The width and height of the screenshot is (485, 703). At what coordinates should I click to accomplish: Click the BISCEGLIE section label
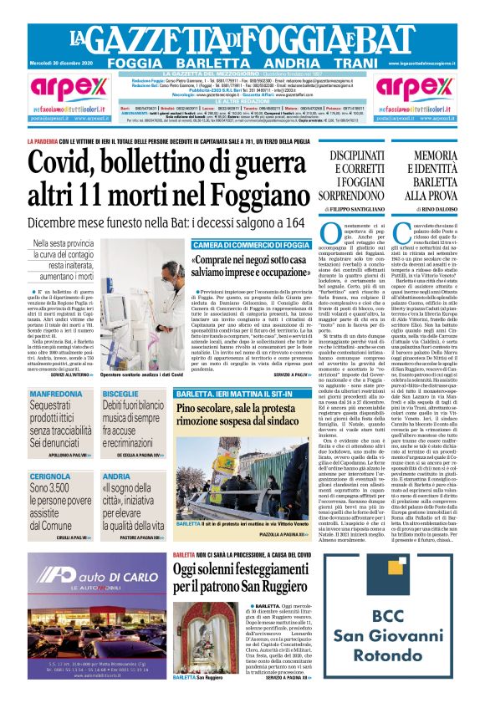tap(121, 394)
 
